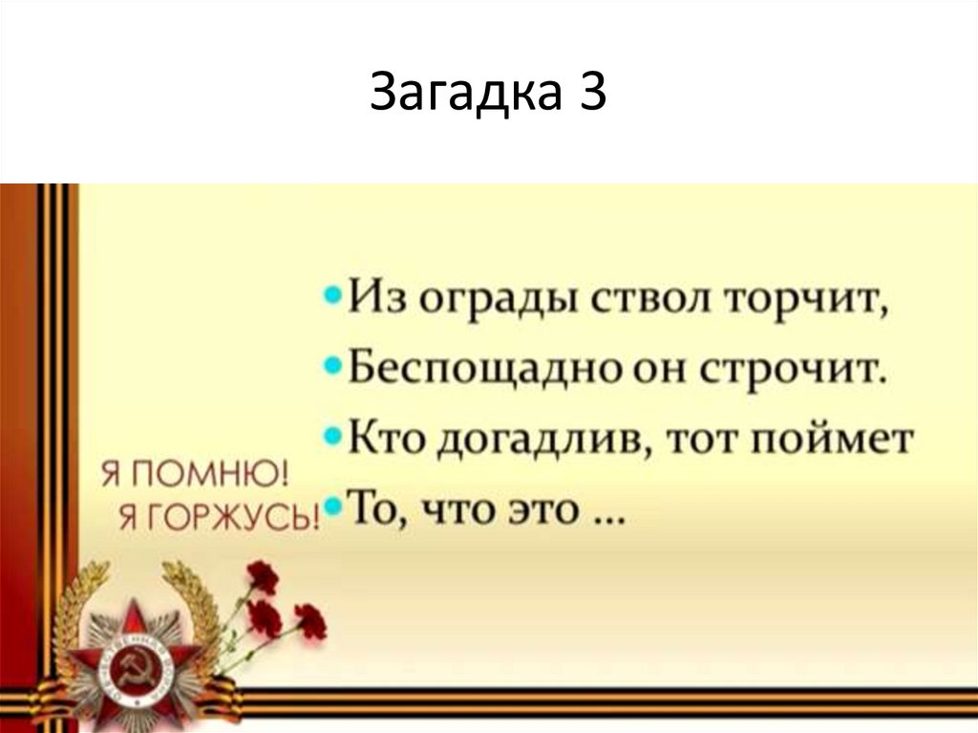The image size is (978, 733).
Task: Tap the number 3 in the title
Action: tap(589, 94)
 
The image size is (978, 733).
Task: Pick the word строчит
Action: tap(797, 369)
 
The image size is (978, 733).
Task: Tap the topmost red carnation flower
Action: tap(262, 577)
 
